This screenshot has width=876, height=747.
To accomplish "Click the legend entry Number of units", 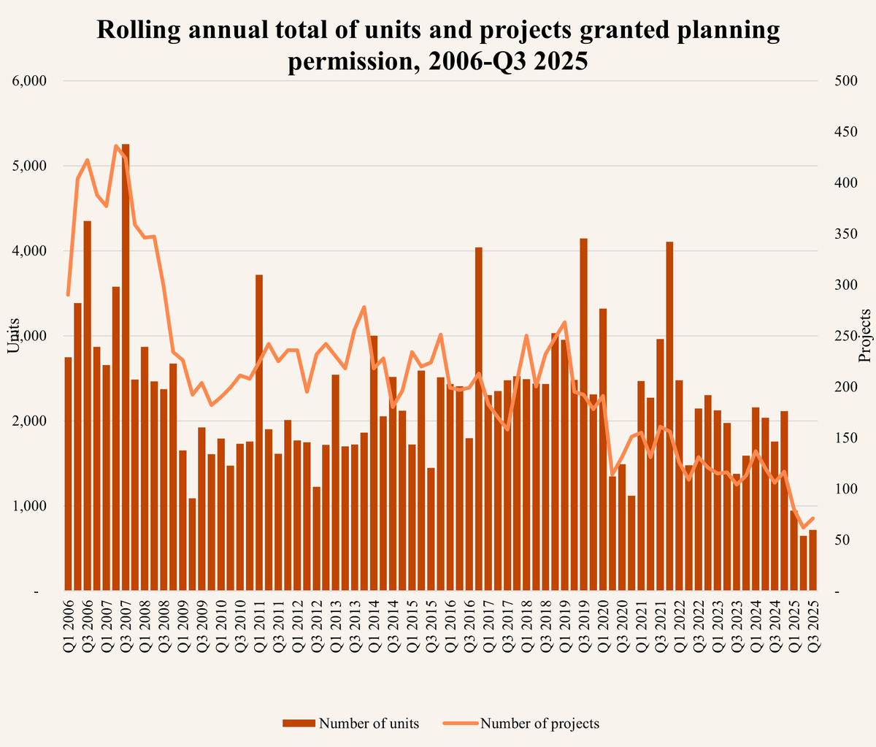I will (x=352, y=724).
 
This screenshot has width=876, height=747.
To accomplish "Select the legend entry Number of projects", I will (x=521, y=724).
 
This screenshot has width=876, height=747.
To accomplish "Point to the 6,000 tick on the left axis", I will (x=30, y=81).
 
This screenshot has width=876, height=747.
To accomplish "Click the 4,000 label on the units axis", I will (x=30, y=251).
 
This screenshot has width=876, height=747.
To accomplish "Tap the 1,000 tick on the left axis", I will (x=30, y=506).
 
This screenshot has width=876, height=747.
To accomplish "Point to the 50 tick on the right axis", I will (x=841, y=540).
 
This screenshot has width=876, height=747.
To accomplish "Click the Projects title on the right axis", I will (x=866, y=336).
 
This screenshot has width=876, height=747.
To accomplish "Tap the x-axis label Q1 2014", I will (x=374, y=624).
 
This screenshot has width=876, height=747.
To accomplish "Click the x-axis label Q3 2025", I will (x=813, y=624).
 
